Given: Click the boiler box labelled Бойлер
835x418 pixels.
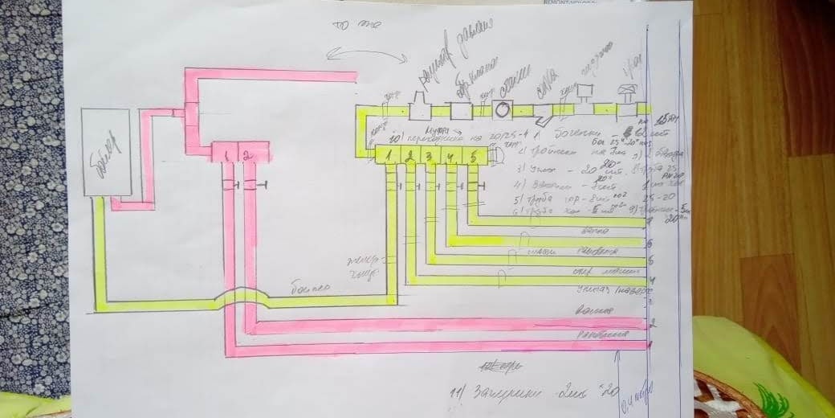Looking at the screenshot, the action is coord(105,152).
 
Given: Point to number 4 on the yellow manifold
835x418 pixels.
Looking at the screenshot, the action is coord(451,156).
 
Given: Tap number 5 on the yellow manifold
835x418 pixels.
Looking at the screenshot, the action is coord(474,156).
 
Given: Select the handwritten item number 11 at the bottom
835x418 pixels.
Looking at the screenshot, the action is coord(459,393).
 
